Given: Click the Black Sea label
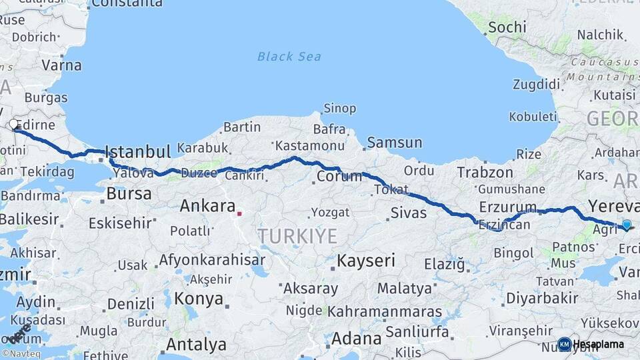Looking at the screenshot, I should [289, 57].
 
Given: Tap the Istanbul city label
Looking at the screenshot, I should [138, 151].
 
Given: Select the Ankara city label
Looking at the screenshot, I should [207, 206].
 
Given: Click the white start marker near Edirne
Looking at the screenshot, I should [13, 124].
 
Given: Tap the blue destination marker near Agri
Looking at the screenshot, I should [626, 225].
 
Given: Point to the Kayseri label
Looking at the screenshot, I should [366, 260].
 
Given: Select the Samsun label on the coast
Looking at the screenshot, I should [395, 142].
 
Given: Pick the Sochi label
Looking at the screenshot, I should [507, 27].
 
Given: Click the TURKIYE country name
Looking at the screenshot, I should [297, 235].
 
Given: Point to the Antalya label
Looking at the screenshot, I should [195, 345].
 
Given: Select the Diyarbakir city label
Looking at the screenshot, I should [541, 297].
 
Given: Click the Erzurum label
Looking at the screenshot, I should [507, 207].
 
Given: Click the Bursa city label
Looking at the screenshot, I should [129, 194].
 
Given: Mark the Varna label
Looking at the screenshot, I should [61, 65].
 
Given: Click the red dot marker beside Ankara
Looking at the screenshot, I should [239, 214].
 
